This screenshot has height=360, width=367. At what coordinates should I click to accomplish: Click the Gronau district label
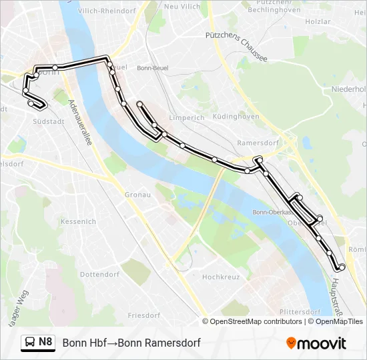tap(138, 195)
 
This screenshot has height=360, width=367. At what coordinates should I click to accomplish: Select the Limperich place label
tap(187, 117)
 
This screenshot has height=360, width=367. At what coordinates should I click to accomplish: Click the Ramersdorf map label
tap(256, 143)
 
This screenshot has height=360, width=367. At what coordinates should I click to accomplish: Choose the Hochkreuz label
tap(220, 277)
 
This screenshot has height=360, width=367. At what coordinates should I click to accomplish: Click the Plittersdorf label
tap(300, 311)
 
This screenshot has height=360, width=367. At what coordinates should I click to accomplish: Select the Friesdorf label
tap(143, 315)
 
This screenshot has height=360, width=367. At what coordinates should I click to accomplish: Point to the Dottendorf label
tap(99, 274)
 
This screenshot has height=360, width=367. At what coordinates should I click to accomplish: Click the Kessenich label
tap(79, 221)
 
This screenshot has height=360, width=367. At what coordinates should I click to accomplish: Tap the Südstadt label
tap(48, 122)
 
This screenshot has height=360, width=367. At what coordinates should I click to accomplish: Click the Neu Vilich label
tap(181, 6)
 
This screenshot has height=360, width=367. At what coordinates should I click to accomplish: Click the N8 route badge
tap(45, 342)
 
